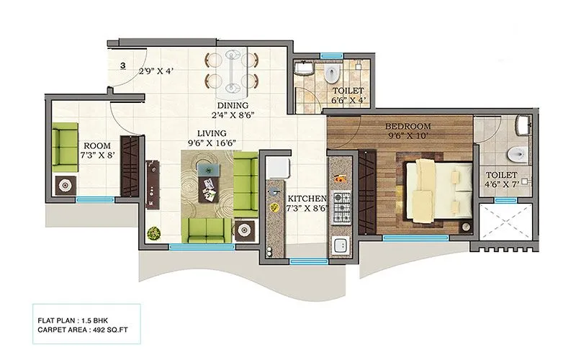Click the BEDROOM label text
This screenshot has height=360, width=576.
(x=393, y=123)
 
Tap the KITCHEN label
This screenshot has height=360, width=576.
(x=307, y=198)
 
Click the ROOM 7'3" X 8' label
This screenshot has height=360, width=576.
(x=96, y=150)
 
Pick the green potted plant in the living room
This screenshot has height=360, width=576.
(x=153, y=233)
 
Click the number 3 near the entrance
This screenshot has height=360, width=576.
(x=123, y=66)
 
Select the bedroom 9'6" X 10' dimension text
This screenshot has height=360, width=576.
(x=393, y=134)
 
